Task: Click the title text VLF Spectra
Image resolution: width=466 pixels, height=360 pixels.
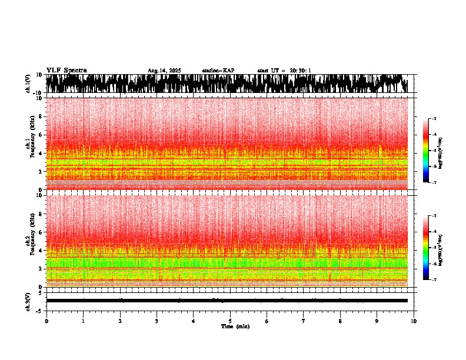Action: [x=66, y=70]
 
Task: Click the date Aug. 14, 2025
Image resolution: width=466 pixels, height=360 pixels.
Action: [x=164, y=71]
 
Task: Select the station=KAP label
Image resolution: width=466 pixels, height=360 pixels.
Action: [x=218, y=71]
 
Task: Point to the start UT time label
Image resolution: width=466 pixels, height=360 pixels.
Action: [x=284, y=71]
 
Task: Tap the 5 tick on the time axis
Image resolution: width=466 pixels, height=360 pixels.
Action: [x=230, y=321]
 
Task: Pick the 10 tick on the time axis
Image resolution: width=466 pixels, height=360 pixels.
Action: [x=414, y=321]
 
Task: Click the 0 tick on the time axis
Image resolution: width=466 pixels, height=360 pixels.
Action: [x=46, y=321]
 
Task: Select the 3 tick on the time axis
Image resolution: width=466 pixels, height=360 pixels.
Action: [x=157, y=321]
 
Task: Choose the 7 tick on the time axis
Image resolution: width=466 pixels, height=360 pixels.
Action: [x=304, y=321]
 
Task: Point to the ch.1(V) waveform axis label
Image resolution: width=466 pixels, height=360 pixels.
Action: [x=28, y=84]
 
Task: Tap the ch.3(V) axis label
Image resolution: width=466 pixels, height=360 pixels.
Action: [x=28, y=301]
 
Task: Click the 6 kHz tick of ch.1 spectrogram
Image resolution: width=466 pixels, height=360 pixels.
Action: [x=41, y=135]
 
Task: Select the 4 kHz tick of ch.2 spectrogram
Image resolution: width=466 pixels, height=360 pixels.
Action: [x=41, y=251]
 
